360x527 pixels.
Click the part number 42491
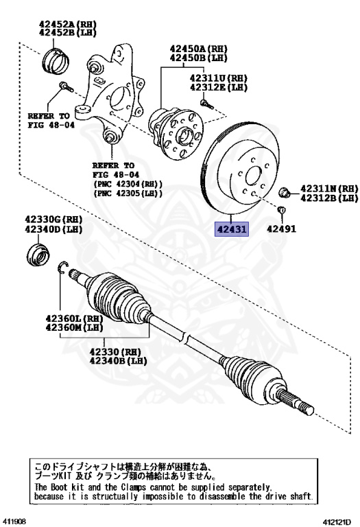[x=281, y=229]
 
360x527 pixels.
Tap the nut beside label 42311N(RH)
[x=285, y=191]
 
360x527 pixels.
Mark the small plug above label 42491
[x=281, y=209]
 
